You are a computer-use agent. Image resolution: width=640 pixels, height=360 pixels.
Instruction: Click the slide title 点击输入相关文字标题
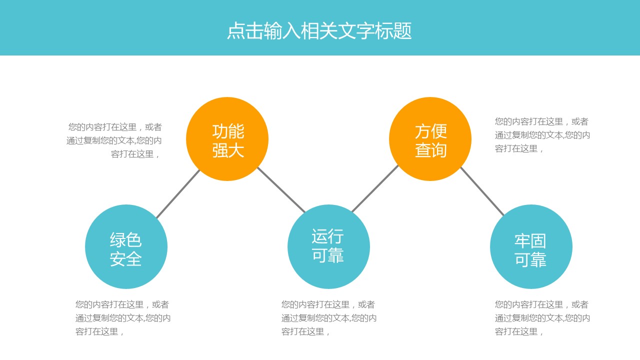319,31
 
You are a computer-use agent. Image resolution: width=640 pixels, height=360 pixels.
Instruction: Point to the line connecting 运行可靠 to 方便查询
375,188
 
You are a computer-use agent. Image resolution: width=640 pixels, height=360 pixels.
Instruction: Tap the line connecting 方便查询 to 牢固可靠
482,191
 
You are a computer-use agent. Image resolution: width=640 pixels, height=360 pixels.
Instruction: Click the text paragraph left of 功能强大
114,140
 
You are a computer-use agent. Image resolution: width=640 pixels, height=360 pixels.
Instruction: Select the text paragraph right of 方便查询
542,135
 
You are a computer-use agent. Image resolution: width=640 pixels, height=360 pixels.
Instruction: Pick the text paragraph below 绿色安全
122,318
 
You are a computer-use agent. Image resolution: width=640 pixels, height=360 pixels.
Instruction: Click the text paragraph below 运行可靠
328,318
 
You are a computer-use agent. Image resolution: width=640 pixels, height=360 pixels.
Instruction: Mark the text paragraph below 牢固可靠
542,318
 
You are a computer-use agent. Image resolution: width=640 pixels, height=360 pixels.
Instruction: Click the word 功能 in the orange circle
228,131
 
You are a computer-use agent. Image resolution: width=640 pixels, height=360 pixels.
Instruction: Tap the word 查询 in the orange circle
430,150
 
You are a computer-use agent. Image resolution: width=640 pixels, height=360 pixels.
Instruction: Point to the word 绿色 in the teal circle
126,240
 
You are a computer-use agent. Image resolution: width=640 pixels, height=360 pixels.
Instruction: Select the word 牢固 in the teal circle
530,241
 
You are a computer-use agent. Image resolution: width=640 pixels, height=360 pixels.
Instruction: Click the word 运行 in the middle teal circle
327,236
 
